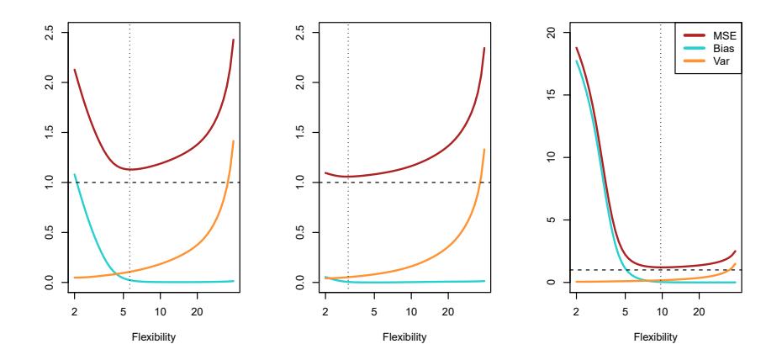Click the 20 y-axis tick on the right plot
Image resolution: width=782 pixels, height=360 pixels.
(x=548, y=33)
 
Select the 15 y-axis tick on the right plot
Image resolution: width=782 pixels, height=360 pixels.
(x=548, y=95)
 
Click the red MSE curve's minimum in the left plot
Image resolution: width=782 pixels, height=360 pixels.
(x=130, y=170)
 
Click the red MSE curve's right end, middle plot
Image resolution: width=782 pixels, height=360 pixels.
(x=484, y=48)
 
